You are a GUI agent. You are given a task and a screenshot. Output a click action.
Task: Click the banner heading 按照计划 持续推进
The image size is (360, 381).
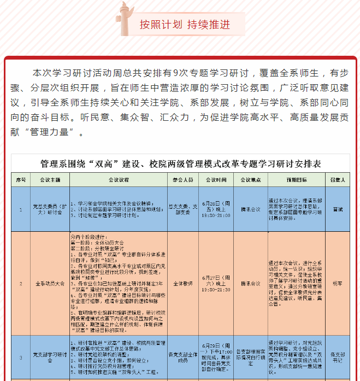pos(184,25)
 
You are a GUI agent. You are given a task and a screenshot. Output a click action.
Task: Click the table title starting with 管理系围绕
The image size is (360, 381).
pos(181,163)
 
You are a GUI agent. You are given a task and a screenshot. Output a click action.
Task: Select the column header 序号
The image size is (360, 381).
pos(21,179)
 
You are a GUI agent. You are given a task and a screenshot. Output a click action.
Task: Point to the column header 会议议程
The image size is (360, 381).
pos(118,179)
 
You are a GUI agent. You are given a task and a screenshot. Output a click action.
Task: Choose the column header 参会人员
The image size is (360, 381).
pos(182,179)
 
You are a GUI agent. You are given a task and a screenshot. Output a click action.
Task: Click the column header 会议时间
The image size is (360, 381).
pos(216,179)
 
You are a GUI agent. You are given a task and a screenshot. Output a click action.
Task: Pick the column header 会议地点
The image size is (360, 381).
pos(250,179)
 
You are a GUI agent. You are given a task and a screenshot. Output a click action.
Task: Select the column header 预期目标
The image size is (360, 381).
pos(297,179)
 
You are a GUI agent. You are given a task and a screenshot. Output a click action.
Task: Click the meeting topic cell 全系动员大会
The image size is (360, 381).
pos(50,284)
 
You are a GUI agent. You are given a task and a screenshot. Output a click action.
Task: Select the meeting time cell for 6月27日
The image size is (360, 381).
pos(216,284)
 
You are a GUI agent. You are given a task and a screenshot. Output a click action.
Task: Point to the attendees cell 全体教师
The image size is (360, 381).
pos(182,284)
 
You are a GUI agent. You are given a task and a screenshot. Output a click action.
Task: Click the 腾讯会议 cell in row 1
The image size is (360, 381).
pos(250,209)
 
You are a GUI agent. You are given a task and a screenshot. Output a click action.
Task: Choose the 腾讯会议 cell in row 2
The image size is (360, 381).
pos(250,284)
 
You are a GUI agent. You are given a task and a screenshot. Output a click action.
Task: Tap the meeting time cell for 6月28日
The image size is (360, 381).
pos(216,209)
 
